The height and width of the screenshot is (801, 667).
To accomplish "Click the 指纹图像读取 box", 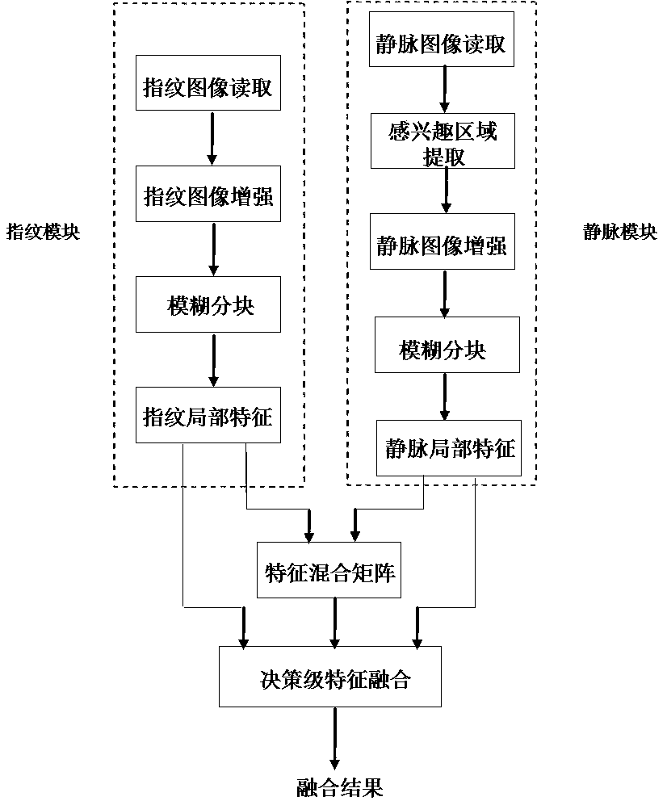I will click(x=208, y=83).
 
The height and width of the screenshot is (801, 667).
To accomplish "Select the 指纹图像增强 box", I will click(x=208, y=194).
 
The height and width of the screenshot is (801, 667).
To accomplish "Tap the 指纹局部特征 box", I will click(x=208, y=415).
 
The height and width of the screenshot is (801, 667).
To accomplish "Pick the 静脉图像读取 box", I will click(x=442, y=44).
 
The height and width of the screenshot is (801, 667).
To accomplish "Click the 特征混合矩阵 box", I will click(x=331, y=570).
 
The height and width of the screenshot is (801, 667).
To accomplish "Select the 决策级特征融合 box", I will click(x=331, y=677).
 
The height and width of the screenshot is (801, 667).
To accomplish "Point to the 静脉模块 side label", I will click(x=620, y=233).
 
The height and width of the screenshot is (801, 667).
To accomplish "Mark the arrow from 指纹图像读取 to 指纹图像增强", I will click(x=212, y=138).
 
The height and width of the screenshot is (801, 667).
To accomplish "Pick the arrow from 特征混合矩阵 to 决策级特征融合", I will click(x=331, y=622).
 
